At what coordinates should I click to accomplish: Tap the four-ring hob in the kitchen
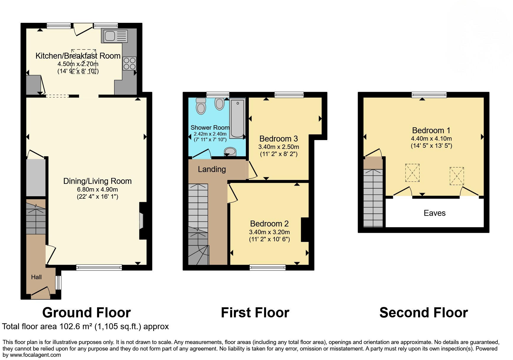[x=129, y=63]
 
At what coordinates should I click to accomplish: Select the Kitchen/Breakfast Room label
[x=78, y=56]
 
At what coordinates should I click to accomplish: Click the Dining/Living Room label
[x=97, y=181]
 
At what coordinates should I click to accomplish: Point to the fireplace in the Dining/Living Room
[x=142, y=221]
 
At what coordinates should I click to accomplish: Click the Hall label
[x=36, y=277]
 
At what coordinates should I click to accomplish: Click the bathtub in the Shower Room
[x=237, y=118]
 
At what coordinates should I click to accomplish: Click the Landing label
[x=212, y=169]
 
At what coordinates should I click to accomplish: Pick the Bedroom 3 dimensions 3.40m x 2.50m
[x=278, y=147]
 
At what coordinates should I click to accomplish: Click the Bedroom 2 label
[x=269, y=224]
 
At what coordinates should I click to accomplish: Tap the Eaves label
[x=434, y=213]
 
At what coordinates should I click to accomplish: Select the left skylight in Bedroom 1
[x=412, y=173]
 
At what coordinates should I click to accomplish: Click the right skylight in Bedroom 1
[x=456, y=176]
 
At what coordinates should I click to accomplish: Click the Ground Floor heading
[x=86, y=313]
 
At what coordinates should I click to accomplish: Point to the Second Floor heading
[x=423, y=313]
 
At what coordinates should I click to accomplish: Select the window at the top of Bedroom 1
[x=429, y=95]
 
